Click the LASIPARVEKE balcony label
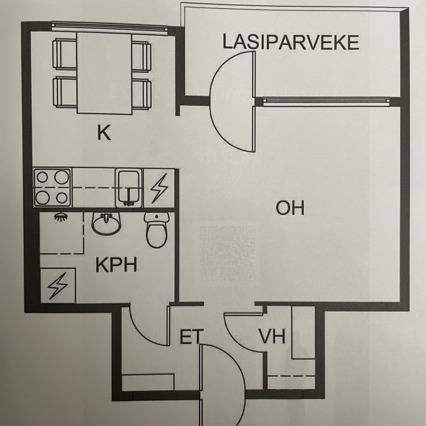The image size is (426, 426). coord(290,42)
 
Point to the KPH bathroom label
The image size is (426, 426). coord(116,265)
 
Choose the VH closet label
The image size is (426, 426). coord(272,337)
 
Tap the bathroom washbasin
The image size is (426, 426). coord(106,223)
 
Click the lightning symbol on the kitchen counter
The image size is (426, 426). coord(159,188)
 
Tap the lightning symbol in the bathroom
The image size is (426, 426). coord(58,286)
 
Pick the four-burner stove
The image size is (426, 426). coord(53,188)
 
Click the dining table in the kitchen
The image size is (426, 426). coord(104,73)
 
